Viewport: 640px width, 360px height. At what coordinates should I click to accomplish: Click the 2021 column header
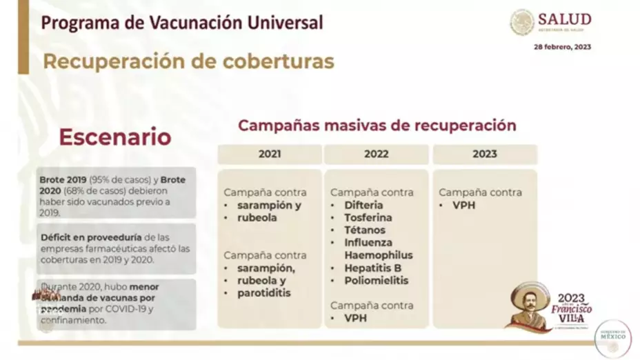click(x=270, y=154)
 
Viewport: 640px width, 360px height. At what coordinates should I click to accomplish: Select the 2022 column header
click(x=377, y=154)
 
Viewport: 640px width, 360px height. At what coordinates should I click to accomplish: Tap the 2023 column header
click(x=485, y=154)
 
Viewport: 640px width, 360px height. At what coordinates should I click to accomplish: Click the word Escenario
click(x=114, y=137)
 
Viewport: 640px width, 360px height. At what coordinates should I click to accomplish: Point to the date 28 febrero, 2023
click(x=562, y=48)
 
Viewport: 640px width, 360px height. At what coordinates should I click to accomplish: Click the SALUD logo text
click(x=565, y=19)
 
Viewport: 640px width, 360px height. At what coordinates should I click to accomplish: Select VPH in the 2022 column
click(x=356, y=318)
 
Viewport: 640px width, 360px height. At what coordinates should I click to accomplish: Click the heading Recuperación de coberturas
click(x=188, y=61)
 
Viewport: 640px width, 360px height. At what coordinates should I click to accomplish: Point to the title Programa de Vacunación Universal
click(x=182, y=23)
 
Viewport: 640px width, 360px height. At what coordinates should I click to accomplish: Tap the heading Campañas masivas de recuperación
click(x=377, y=126)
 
